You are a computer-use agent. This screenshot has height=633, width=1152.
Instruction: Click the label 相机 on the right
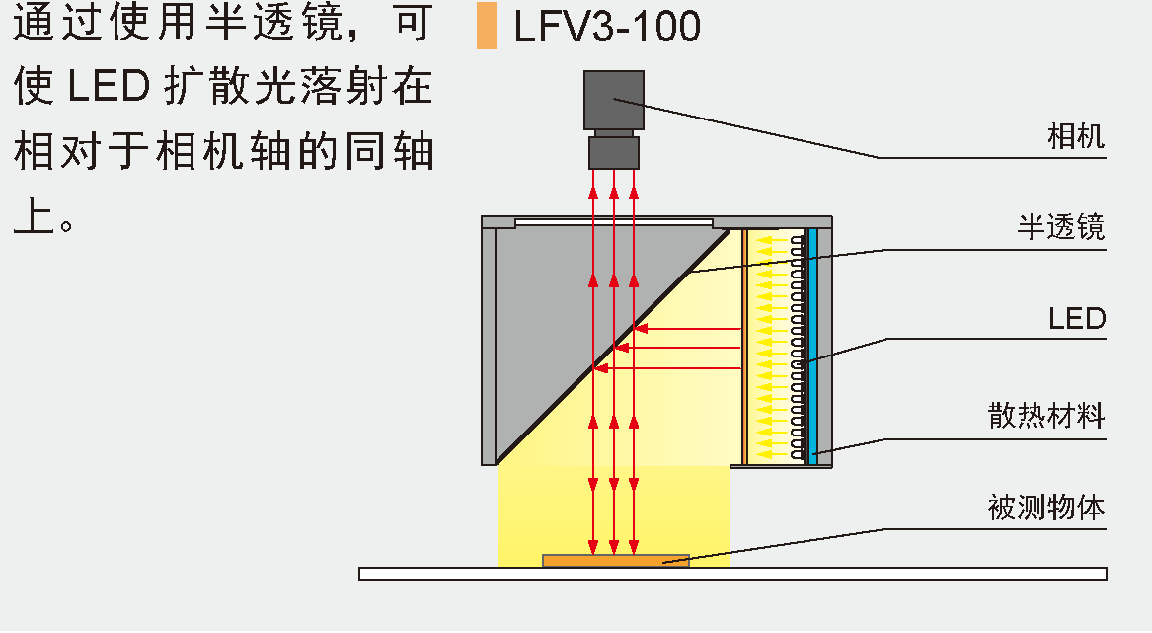[x=1075, y=136]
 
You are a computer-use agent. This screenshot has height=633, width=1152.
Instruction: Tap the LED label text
[x=1076, y=319]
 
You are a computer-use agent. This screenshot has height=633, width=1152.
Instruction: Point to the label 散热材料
[x=1046, y=415]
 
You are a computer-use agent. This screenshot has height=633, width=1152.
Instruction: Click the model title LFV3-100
[x=607, y=27]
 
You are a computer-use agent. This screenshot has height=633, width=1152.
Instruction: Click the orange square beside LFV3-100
[x=487, y=27]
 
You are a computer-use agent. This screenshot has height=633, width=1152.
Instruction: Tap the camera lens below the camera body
[x=614, y=151]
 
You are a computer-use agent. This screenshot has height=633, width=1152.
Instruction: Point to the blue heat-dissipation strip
[x=812, y=346]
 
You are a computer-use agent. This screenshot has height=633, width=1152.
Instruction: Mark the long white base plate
[x=732, y=574]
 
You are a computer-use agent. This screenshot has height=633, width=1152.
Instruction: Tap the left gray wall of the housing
[x=488, y=346]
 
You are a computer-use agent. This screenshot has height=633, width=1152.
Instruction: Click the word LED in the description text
[x=108, y=87]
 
